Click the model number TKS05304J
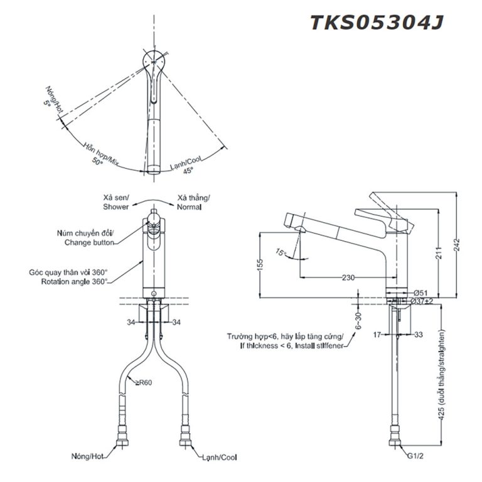pos(377,22)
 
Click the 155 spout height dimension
pos(260,265)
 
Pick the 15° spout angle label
pos(281,253)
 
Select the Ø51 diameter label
pos(420,292)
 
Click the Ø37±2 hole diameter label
pos(423,302)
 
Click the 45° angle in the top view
pos(188,169)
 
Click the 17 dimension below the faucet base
pos(378,335)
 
